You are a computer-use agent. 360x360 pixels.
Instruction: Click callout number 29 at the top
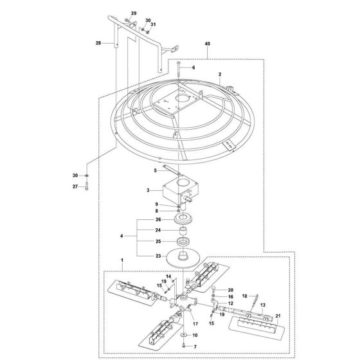coord(134,14)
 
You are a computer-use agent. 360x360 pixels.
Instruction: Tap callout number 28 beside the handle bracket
coord(98,44)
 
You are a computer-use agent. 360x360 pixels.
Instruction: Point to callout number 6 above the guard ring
coord(192,67)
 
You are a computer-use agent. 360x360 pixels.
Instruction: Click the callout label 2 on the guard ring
coord(219,75)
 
